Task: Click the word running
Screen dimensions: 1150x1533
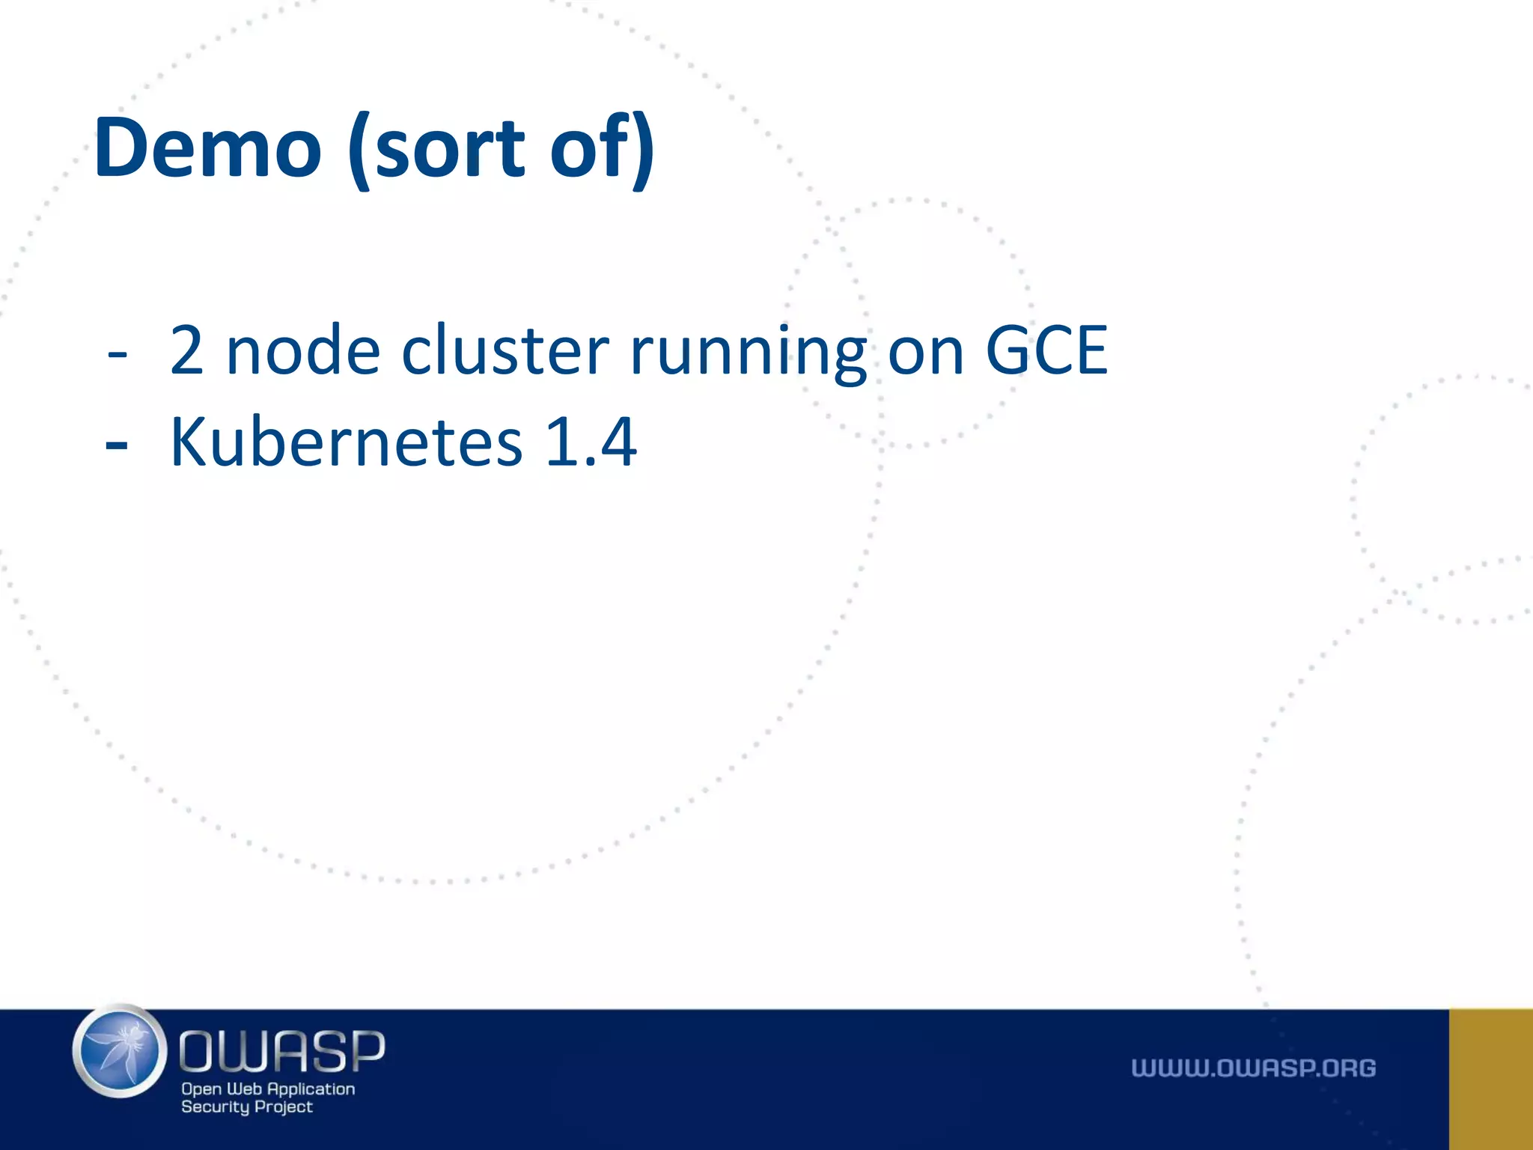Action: point(749,352)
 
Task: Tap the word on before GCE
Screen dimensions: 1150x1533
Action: point(925,352)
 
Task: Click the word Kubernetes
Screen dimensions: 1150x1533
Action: point(346,442)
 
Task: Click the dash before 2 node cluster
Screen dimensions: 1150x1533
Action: point(117,352)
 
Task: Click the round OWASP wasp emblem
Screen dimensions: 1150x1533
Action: point(120,1051)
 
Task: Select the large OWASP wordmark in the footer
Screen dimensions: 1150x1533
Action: point(282,1050)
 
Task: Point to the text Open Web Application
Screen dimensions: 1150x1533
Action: point(268,1089)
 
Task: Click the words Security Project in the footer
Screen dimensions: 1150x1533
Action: point(247,1107)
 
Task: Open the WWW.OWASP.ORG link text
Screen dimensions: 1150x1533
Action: point(1253,1068)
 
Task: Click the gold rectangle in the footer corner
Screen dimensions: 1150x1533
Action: point(1490,1079)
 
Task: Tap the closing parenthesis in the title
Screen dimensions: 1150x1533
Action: point(642,150)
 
